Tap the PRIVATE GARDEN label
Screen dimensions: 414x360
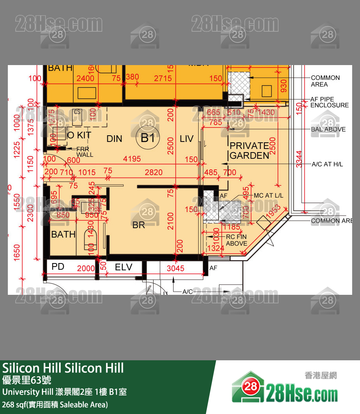249,151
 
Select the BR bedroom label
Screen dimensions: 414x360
139,225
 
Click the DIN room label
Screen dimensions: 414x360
114,139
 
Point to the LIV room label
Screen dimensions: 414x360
186,139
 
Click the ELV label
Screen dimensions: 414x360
123,267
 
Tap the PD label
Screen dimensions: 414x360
58,267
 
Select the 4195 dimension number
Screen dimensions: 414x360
132,159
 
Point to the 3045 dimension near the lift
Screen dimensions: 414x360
175,269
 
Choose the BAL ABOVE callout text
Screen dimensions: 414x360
328,129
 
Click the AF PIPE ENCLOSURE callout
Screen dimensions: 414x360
329,102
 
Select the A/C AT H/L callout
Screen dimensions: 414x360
327,164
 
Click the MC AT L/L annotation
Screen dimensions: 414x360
269,195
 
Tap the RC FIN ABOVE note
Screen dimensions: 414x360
237,240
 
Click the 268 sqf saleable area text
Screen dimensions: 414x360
55,404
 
